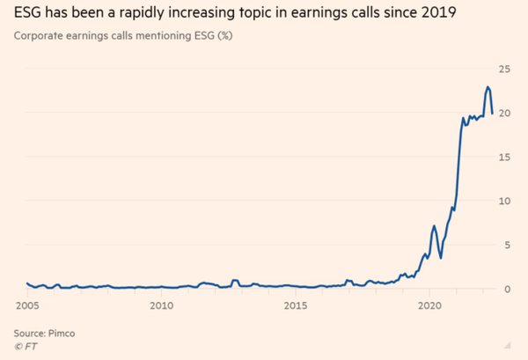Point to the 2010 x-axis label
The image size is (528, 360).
(x=161, y=305)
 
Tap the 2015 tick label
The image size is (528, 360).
(x=296, y=305)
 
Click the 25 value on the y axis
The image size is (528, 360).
(x=505, y=69)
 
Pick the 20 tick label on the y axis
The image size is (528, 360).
(x=505, y=113)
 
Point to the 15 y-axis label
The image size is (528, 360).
(x=505, y=157)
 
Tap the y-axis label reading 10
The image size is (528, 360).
(x=505, y=201)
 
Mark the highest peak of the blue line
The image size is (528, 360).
(x=488, y=87)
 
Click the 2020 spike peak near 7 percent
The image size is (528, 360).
(x=434, y=226)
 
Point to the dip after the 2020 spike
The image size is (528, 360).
(x=441, y=257)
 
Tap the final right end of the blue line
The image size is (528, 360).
(x=492, y=112)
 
